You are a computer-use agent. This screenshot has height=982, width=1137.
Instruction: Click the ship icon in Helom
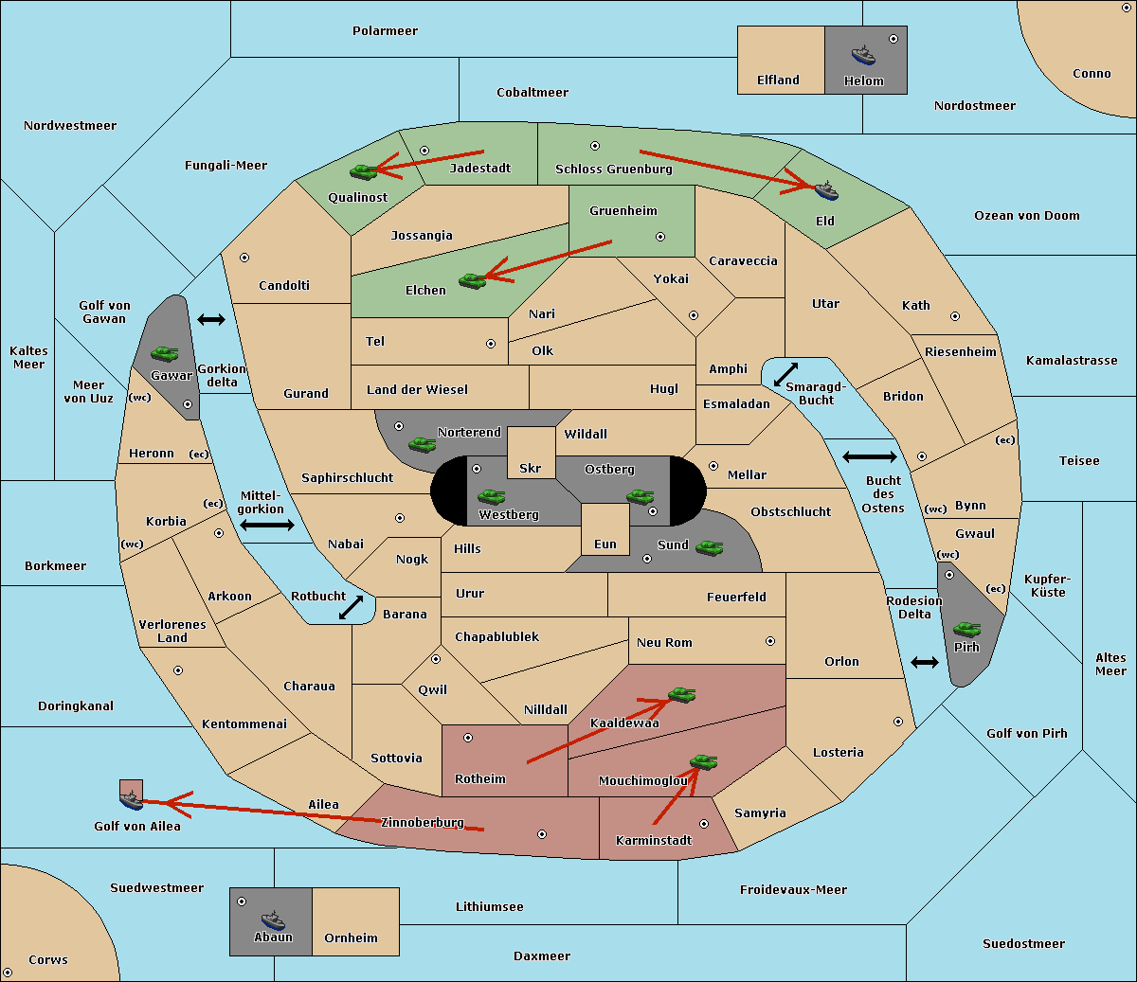coord(863,55)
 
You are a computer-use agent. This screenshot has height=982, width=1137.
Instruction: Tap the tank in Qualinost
coord(364,172)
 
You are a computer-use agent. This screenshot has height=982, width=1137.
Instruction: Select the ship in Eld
coord(826,190)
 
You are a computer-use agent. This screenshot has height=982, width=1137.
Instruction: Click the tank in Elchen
coord(473,281)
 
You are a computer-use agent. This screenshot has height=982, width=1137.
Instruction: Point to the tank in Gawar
coord(165,353)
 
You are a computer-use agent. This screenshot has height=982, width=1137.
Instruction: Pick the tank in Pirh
coord(967,629)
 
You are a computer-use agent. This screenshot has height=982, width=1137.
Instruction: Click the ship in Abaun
coord(274,920)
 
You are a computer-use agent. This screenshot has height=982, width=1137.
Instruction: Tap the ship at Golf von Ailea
coord(132,800)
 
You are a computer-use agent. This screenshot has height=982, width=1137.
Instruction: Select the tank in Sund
coord(709,547)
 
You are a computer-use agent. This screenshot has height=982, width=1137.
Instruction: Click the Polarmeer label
coord(385,31)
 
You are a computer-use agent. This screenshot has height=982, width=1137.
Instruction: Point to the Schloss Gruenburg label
coord(614,169)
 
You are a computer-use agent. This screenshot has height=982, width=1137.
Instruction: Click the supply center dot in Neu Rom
coord(770,641)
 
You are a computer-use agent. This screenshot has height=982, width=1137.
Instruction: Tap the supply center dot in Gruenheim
coord(660,237)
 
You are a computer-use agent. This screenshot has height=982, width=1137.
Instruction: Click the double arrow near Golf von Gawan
coord(211,319)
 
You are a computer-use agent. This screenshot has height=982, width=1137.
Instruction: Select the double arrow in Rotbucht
coord(351,608)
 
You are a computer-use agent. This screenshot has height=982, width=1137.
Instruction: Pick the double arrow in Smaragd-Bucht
coord(785,374)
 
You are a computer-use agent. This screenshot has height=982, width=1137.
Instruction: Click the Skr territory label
coord(531,468)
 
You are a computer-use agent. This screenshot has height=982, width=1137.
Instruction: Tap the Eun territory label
coord(605,544)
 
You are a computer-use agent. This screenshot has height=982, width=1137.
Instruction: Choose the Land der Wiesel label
coord(417,390)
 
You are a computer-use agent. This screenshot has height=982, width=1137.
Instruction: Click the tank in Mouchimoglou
coord(704,762)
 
